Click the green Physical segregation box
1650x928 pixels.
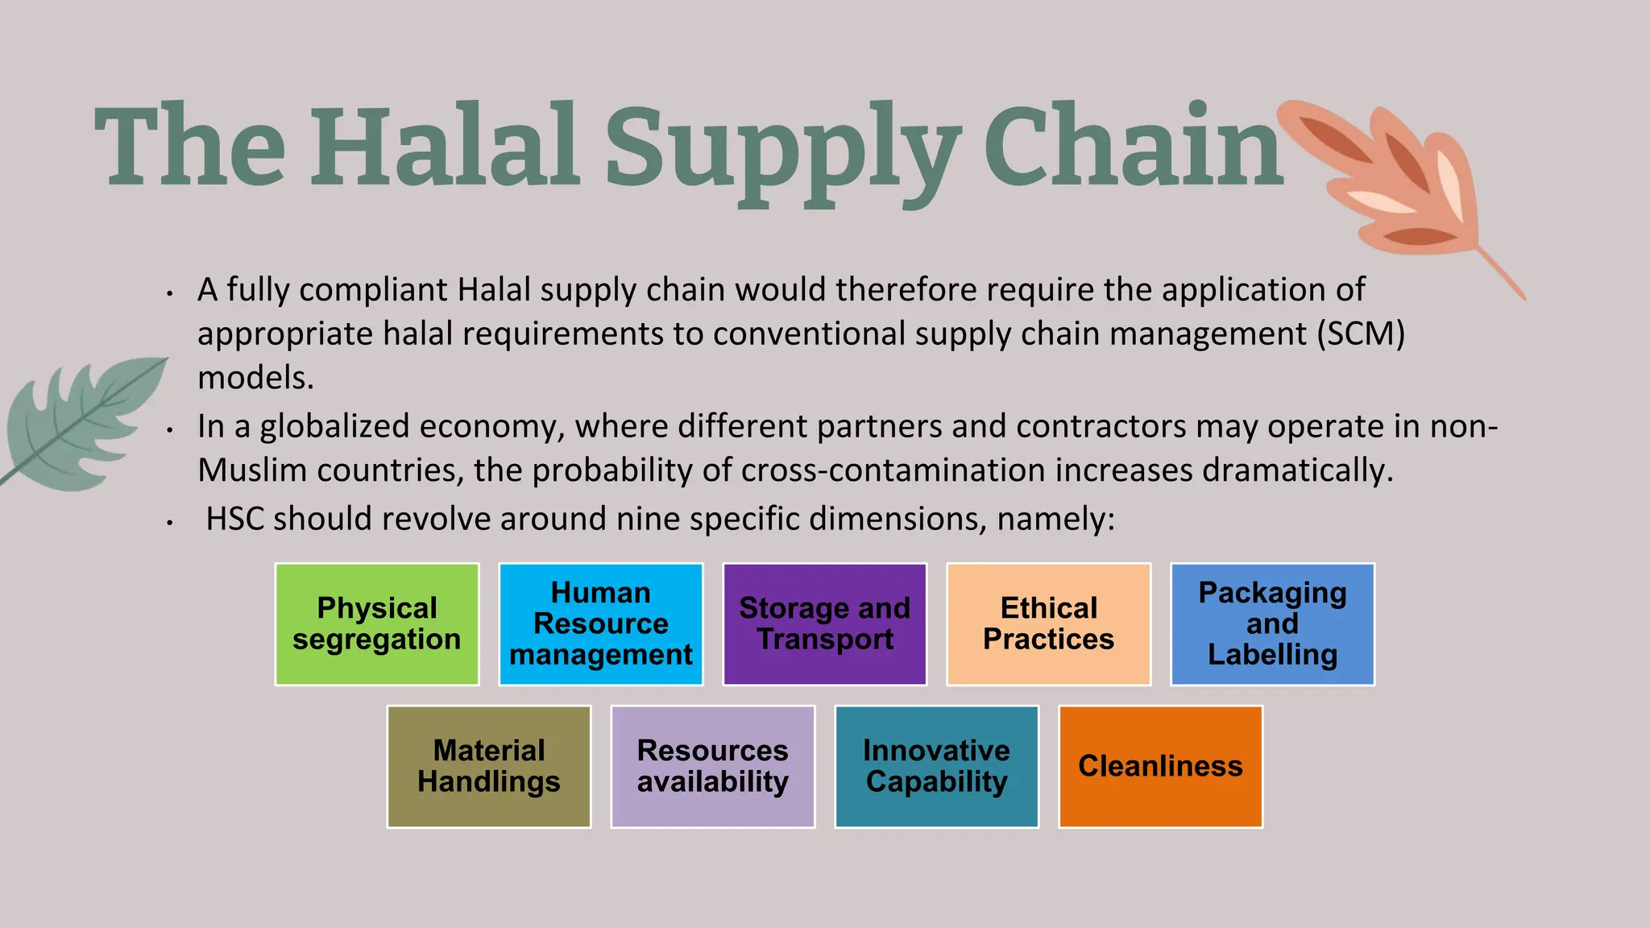tap(377, 624)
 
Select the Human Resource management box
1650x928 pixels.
tap(601, 624)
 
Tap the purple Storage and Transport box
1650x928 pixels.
tap(825, 624)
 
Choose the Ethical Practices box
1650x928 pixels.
tap(1048, 624)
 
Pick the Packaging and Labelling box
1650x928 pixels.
tap(1272, 624)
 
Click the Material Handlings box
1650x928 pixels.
tap(489, 767)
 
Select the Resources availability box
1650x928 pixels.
tap(713, 767)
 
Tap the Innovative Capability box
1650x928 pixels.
tap(937, 767)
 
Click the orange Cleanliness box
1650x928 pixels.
tap(1160, 767)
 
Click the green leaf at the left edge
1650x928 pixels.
tap(81, 423)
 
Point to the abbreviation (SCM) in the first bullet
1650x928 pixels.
tap(1361, 333)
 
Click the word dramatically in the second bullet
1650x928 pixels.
tap(1297, 470)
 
